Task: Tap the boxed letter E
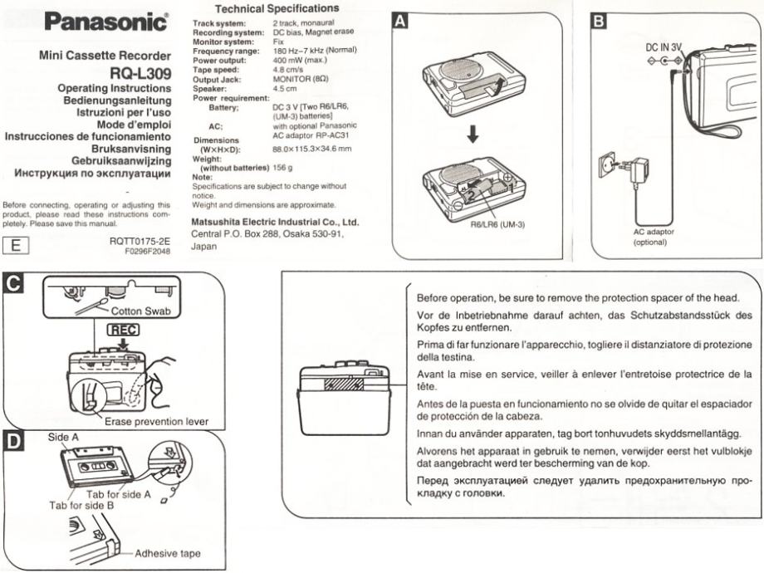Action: (x=16, y=244)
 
